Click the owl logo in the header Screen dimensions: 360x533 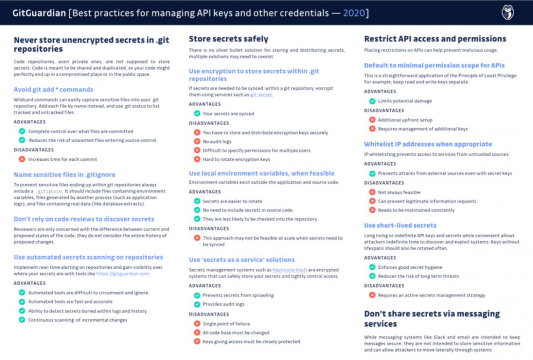coord(508,13)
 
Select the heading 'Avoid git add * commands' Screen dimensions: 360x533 coord(53,89)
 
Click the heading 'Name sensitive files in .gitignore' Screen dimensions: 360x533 coord(65,174)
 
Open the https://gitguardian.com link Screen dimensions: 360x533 coord(123,274)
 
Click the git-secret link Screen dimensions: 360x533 coord(261,94)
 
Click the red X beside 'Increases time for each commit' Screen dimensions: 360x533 coord(22,159)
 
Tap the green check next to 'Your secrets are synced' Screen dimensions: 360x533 coord(197,114)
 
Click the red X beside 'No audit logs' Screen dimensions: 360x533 coord(197,142)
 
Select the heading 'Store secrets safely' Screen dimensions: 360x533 coord(228,39)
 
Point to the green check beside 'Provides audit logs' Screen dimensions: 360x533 coord(197,304)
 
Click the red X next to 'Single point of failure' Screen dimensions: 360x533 coord(197,324)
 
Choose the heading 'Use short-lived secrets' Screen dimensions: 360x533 coord(400,225)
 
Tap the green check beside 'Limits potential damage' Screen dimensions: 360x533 coord(372,101)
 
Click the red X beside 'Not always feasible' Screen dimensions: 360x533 coord(372,192)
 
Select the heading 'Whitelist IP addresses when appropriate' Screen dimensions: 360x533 coord(428,144)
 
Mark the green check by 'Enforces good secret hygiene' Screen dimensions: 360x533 coord(372,267)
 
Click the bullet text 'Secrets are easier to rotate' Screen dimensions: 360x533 coord(232,201)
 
